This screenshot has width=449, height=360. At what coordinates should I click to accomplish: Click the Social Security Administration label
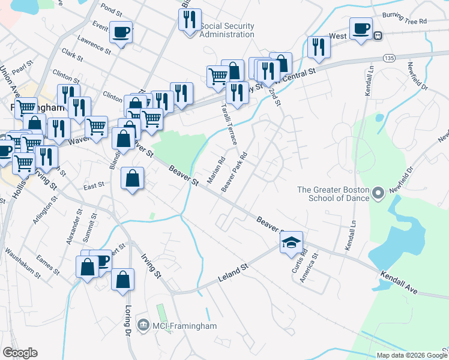[x=226, y=30]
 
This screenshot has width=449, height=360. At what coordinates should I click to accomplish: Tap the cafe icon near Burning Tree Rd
[x=361, y=29]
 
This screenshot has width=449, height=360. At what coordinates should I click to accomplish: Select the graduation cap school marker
[x=291, y=242]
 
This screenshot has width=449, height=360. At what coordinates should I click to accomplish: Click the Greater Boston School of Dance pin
[x=378, y=193]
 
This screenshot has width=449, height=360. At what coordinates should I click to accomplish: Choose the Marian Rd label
[x=215, y=169]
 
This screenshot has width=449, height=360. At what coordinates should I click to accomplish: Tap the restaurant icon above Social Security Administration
[x=190, y=20]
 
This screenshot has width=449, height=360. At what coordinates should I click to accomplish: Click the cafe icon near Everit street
[x=121, y=32]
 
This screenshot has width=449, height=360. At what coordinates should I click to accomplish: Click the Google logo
[x=20, y=353]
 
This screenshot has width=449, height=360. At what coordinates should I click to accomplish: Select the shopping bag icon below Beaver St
[x=132, y=179]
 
